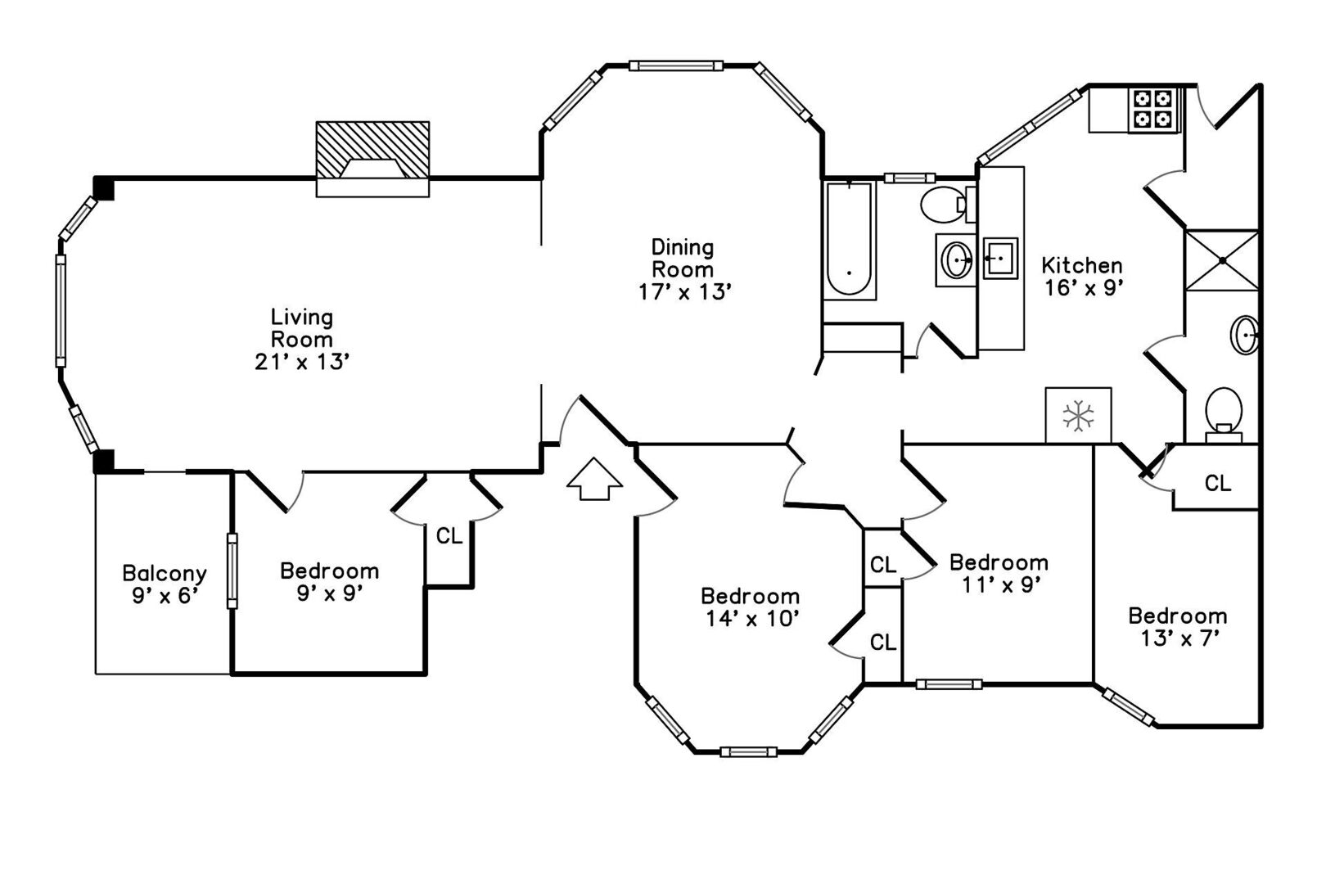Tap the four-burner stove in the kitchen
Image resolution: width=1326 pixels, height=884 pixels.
[1153, 110]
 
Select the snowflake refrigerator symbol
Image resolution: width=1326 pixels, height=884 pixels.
[1078, 416]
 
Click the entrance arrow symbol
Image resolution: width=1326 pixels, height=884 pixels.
[594, 478]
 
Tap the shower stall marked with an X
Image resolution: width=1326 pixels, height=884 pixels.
[1221, 260]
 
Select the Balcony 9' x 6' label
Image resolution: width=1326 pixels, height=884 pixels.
[164, 584]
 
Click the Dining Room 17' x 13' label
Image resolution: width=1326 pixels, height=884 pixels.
[683, 269]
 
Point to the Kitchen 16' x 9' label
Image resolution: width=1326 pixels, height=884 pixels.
[1081, 276]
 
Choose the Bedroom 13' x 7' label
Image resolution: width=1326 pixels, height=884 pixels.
[1177, 626]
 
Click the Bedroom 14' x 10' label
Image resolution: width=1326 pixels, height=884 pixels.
[750, 607]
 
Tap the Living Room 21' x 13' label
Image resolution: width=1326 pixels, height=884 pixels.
[302, 339]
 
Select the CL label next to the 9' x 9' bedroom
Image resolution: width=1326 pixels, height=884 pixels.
[449, 536]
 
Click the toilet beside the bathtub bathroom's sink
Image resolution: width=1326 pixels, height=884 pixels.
[944, 204]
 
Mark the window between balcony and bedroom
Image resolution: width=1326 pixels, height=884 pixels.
[232, 571]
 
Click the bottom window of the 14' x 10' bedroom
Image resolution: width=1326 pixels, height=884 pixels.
[748, 751]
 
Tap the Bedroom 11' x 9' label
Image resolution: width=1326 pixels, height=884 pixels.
[998, 573]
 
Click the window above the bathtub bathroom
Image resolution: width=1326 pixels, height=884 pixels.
[909, 178]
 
